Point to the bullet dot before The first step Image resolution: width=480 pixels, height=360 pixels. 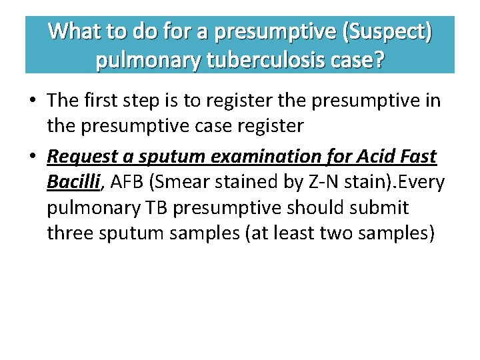pos(32,101)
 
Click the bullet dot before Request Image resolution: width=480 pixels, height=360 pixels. pos(32,157)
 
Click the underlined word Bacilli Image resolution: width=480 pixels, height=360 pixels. pos(72,182)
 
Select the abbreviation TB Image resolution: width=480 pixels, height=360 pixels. pos(153,208)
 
